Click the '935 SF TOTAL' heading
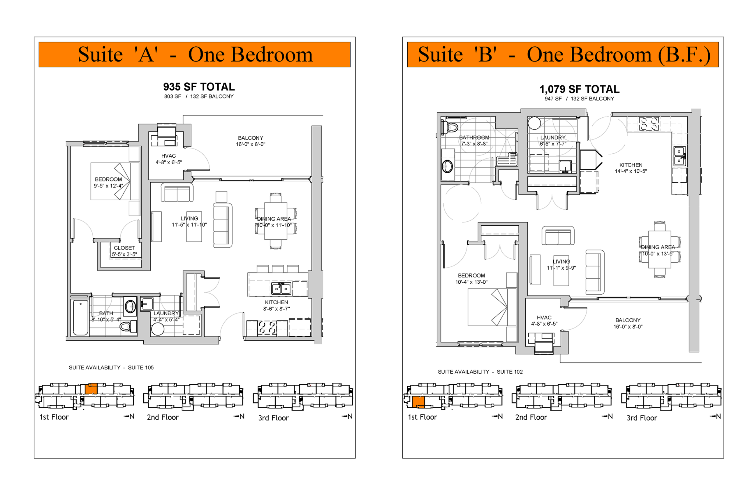199,87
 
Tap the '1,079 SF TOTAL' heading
579,89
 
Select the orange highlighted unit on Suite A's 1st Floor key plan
91,389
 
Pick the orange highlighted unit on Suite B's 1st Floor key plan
418,402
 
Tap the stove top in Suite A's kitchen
267,328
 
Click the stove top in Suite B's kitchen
649,123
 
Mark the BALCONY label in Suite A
251,138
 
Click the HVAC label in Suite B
544,318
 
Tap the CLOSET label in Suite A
124,248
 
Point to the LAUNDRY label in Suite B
553,138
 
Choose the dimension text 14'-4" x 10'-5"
631,172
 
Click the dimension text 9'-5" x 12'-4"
108,186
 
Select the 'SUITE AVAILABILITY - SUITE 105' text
111,367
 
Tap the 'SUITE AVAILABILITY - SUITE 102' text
480,372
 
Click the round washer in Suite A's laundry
158,329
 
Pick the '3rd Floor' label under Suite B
642,418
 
